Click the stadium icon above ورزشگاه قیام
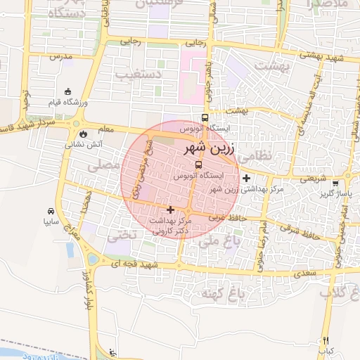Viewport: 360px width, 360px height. (x=67, y=91)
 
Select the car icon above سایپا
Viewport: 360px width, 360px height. (x=51, y=211)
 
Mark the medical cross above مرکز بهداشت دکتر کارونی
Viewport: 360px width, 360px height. (x=169, y=209)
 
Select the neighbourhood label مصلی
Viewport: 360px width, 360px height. (x=104, y=166)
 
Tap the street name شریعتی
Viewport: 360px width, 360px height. (x=314, y=179)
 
